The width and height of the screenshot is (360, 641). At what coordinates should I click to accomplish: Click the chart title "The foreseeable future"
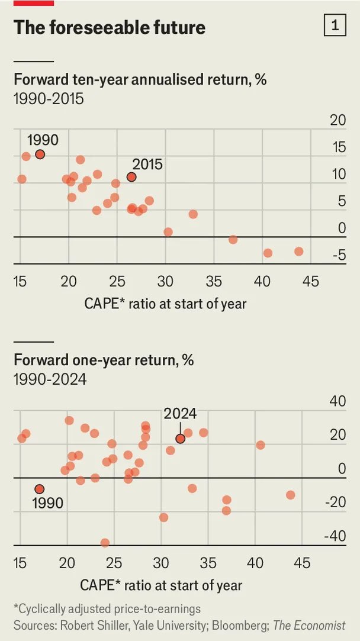pos(110,27)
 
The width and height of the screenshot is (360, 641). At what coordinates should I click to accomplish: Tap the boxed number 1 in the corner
pos(335,26)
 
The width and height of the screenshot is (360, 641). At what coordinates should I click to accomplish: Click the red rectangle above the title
pos(33,3)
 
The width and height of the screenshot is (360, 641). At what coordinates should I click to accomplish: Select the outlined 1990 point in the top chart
pos(40,154)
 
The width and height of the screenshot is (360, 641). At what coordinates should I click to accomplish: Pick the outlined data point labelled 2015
pos(131,177)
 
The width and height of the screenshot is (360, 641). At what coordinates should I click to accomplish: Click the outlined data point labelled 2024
pos(180,439)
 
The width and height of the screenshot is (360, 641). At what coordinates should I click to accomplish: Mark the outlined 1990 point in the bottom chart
pos(40,489)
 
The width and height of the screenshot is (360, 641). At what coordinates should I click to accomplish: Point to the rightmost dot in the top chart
pos(298,252)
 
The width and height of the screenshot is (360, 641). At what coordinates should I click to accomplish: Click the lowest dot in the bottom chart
pos(105,543)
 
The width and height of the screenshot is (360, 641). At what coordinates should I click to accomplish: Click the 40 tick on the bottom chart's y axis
pos(337,401)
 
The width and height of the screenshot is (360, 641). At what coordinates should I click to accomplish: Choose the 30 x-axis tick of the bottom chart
pos(161,563)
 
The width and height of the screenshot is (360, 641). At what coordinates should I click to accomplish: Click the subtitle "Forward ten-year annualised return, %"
pos(140,79)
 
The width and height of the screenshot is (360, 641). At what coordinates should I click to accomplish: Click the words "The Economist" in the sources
pos(310,626)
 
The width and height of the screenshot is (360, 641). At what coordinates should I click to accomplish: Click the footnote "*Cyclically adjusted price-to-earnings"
pos(107,608)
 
